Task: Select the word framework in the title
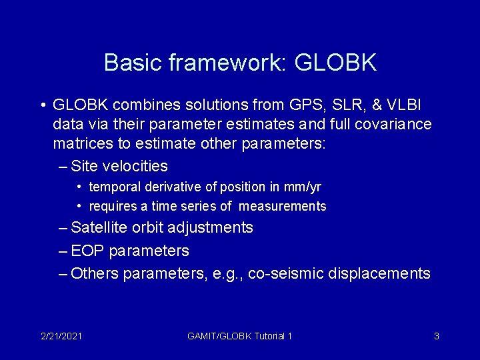(x=226, y=63)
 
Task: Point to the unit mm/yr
(x=308, y=187)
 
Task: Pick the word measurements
(x=283, y=206)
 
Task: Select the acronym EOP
(x=87, y=251)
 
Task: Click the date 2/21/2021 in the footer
(x=61, y=336)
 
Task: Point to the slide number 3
(x=436, y=336)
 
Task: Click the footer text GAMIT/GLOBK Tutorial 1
(x=239, y=336)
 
